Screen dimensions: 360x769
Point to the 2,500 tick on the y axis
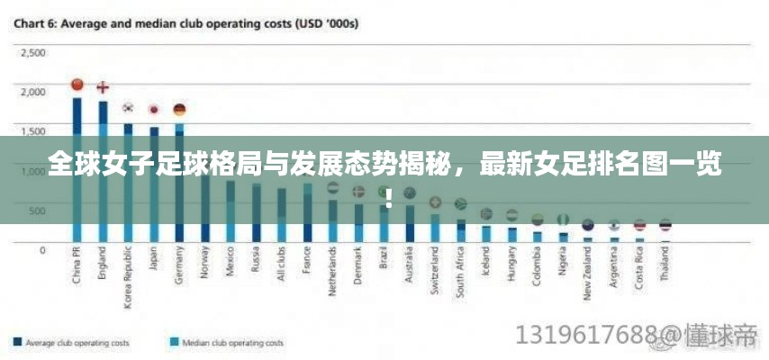coord(33,52)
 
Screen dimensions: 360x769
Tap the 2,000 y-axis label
coord(33,92)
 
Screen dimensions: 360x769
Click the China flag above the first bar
coord(77,85)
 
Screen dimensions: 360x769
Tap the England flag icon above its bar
coord(103,87)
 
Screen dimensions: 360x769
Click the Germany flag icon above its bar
coord(179,109)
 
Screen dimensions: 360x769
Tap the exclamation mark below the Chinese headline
coord(388,195)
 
